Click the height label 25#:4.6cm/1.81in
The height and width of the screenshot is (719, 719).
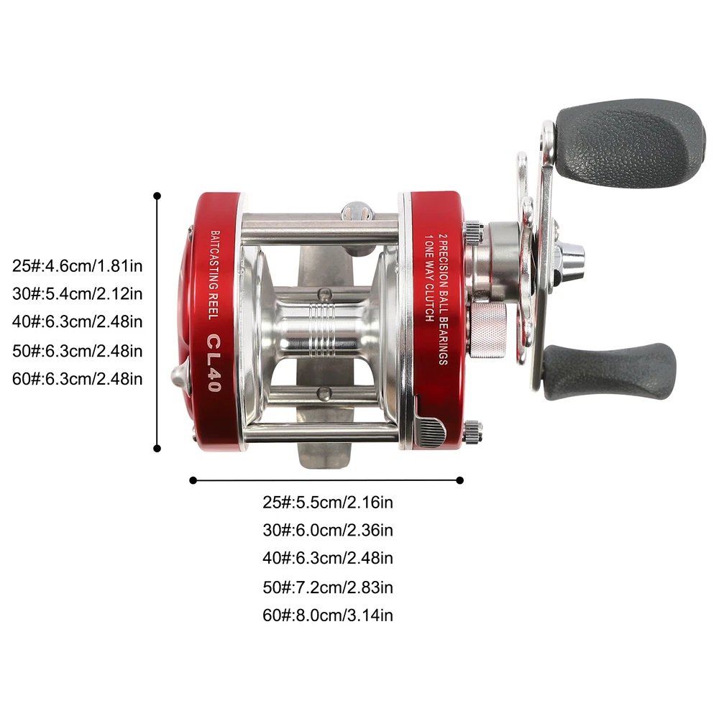click(77, 266)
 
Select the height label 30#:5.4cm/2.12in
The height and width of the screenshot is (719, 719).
click(77, 294)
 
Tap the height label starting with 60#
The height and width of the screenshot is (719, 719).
click(77, 379)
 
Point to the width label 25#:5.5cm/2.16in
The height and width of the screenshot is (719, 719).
click(327, 503)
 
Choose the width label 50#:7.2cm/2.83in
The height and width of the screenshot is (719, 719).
click(327, 587)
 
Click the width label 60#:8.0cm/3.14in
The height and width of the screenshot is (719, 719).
click(327, 615)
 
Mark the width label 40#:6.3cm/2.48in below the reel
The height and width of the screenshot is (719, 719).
click(327, 558)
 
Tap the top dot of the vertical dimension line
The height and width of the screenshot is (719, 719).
click(157, 196)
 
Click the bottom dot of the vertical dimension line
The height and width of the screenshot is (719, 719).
click(157, 449)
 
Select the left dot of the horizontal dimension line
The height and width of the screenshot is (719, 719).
click(193, 480)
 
